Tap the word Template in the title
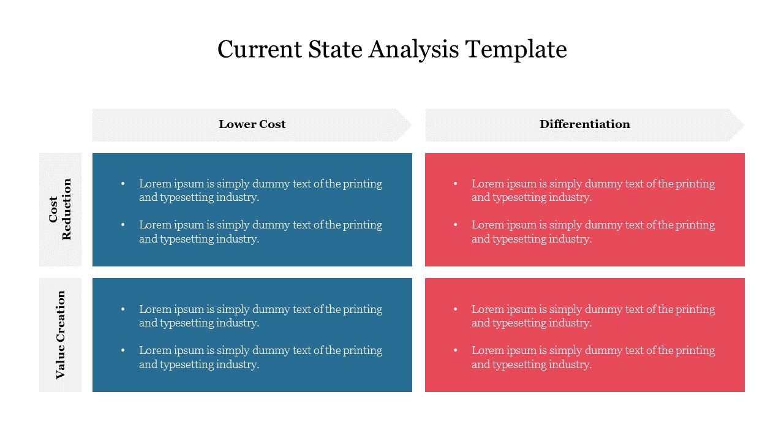pos(516,49)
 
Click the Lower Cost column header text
pos(252,124)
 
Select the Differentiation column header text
pos(584,124)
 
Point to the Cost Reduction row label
pos(60,209)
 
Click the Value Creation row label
pos(60,335)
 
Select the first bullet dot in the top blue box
pos(123,183)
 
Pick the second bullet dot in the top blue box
pos(123,225)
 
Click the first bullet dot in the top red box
pos(455,183)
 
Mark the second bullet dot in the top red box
pos(455,225)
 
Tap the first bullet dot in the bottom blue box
pos(123,309)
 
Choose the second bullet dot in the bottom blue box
pos(123,350)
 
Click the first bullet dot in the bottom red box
pos(455,309)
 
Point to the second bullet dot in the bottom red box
pos(455,350)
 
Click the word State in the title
pos(333,49)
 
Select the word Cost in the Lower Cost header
pos(272,124)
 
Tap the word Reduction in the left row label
pos(67,209)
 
